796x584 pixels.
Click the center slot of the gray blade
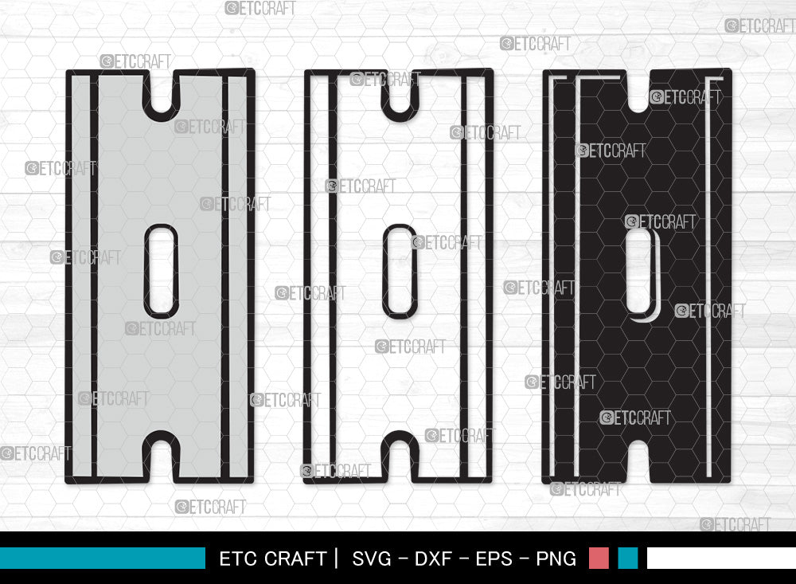click(161, 271)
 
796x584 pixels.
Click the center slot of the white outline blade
click(400, 271)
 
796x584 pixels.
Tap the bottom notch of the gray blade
click(161, 458)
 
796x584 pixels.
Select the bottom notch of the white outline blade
click(400, 458)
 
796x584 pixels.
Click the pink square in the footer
click(599, 558)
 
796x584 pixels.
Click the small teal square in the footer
click(628, 558)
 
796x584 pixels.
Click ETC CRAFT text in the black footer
click(272, 559)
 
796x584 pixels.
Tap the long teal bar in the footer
click(102, 558)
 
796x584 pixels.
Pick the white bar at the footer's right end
click(720, 558)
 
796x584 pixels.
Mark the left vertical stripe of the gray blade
click(94, 275)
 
